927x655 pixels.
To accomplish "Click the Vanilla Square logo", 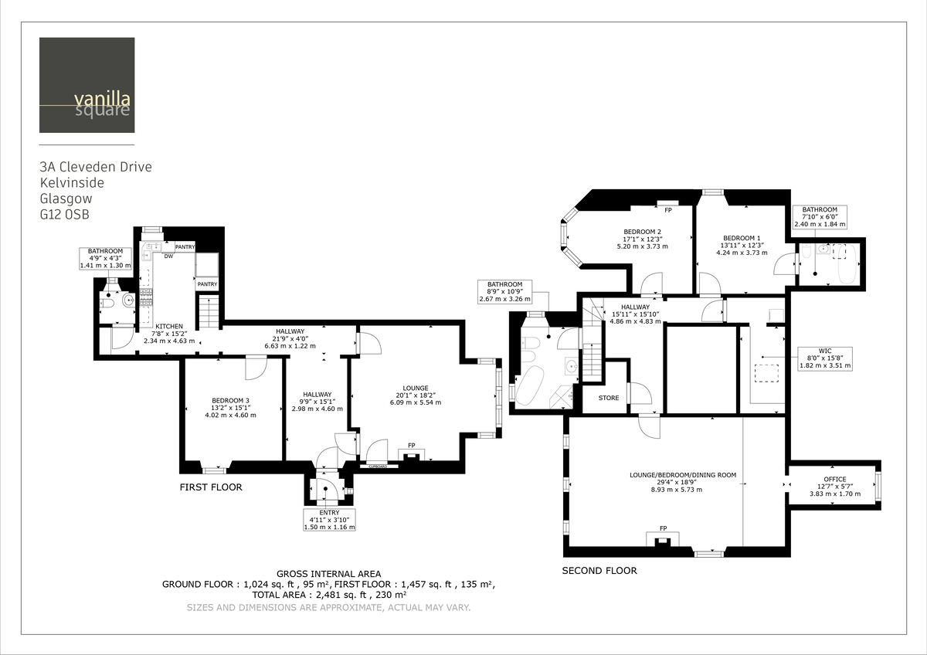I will tap(87, 85).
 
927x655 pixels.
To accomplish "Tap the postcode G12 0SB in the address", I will tap(64, 215).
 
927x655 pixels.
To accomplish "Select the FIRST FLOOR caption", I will tap(211, 487).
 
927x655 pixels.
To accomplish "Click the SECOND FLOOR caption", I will tap(599, 571).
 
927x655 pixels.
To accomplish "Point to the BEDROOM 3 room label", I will tap(230, 407).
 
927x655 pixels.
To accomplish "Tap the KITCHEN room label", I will tap(168, 332).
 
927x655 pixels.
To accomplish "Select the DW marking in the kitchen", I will tap(168, 256).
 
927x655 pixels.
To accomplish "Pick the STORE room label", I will tap(609, 399).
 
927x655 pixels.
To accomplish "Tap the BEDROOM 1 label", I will tap(742, 245).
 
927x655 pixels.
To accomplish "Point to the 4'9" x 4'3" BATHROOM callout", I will tap(105, 258).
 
